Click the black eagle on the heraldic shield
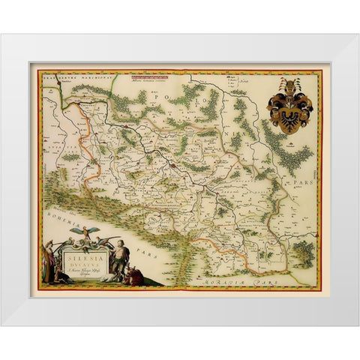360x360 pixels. click(292, 109)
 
